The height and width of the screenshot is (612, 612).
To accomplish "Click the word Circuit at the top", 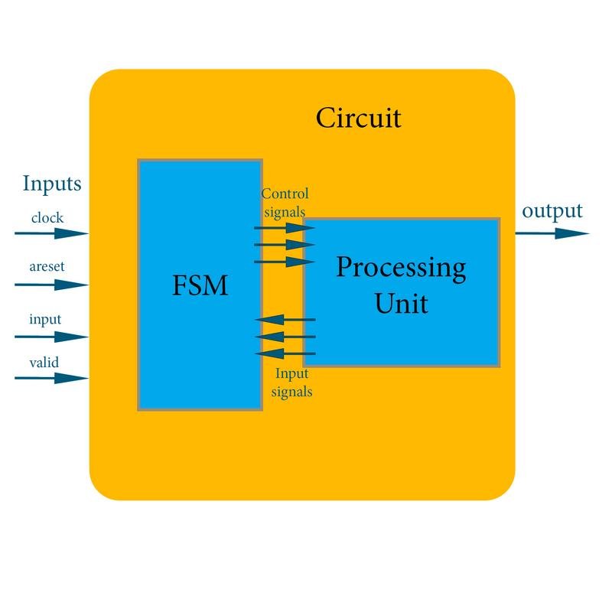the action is (x=358, y=118).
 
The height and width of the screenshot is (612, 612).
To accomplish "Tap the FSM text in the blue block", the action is (x=200, y=285).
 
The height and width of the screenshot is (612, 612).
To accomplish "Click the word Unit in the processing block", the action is (x=401, y=303).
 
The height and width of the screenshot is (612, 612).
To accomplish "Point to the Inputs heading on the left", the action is (x=52, y=184).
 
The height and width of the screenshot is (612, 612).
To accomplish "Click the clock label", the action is (x=47, y=217).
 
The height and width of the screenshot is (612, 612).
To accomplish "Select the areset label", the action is (x=47, y=266).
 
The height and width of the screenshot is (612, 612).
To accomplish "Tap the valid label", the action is (x=44, y=362).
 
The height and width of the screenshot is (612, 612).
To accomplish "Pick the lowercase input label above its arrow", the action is (x=45, y=320).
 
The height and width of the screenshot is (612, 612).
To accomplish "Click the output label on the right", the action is (x=552, y=211).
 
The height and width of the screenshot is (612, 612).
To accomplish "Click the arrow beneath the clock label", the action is (x=51, y=233).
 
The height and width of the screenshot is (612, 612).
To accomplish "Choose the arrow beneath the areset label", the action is (x=51, y=285).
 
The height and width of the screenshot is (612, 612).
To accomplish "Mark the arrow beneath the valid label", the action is (x=51, y=378).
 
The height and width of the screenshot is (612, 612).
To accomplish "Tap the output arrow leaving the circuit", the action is (x=552, y=233).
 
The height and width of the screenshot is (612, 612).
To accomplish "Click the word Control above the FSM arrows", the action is (x=285, y=194).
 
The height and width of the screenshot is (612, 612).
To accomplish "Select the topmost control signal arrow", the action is (x=285, y=227).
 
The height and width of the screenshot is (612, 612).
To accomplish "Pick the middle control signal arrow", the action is (x=285, y=245).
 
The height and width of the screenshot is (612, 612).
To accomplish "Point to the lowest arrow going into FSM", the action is (x=285, y=353).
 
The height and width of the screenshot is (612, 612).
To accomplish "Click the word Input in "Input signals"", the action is (x=292, y=374).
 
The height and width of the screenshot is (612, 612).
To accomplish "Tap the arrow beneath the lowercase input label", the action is (x=51, y=337).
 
